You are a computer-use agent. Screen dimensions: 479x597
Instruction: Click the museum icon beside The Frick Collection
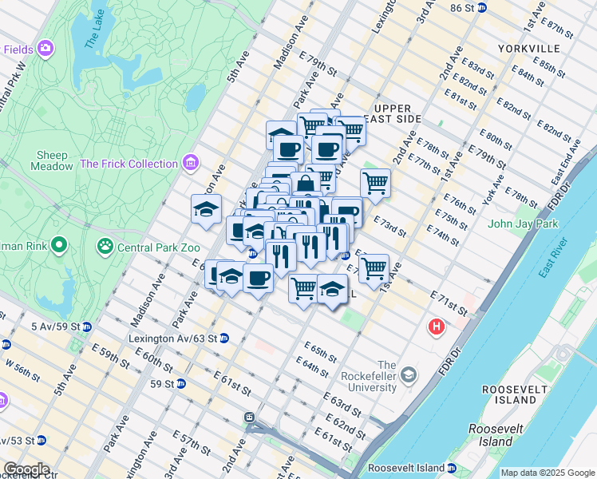[190, 164]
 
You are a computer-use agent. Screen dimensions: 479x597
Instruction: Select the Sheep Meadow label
[52, 160]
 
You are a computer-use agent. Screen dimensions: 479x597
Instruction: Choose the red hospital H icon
[437, 327]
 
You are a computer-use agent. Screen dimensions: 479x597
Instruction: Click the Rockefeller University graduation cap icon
[408, 374]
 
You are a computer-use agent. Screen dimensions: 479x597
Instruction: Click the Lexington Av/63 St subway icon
[224, 338]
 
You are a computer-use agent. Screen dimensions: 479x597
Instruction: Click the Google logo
[26, 469]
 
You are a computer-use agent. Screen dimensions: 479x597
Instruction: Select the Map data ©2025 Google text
[547, 473]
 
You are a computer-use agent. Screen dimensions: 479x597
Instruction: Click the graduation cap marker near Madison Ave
[206, 209]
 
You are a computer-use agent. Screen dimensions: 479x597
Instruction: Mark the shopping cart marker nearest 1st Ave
[373, 269]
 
